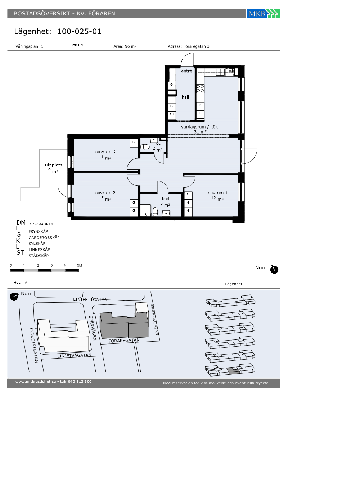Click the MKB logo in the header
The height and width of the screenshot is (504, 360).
(x=263, y=14)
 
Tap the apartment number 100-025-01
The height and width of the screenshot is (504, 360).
(x=79, y=32)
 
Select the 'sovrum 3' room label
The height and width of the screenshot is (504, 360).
(x=105, y=152)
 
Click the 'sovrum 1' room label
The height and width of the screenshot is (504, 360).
(x=218, y=193)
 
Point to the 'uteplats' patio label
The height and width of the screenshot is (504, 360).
(x=54, y=165)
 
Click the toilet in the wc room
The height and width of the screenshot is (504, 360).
(x=145, y=147)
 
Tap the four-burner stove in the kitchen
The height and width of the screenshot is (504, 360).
(x=201, y=89)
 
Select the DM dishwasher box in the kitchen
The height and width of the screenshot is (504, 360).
(x=230, y=71)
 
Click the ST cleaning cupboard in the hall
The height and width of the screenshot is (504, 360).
(x=172, y=114)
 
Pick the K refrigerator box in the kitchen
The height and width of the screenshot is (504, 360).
(x=201, y=105)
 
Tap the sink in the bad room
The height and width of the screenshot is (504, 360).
(x=166, y=213)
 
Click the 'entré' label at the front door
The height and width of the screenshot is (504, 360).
(x=186, y=71)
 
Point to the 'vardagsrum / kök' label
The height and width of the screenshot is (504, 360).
(x=199, y=127)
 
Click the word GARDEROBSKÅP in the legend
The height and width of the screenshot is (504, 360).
(x=44, y=238)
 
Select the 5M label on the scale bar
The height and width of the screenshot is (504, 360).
(x=80, y=266)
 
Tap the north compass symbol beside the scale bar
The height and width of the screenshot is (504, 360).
(x=274, y=269)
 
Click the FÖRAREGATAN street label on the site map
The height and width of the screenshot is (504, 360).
(x=124, y=341)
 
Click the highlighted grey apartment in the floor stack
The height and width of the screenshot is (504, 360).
(x=233, y=370)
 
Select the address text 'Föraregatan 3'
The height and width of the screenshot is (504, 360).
(x=196, y=46)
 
